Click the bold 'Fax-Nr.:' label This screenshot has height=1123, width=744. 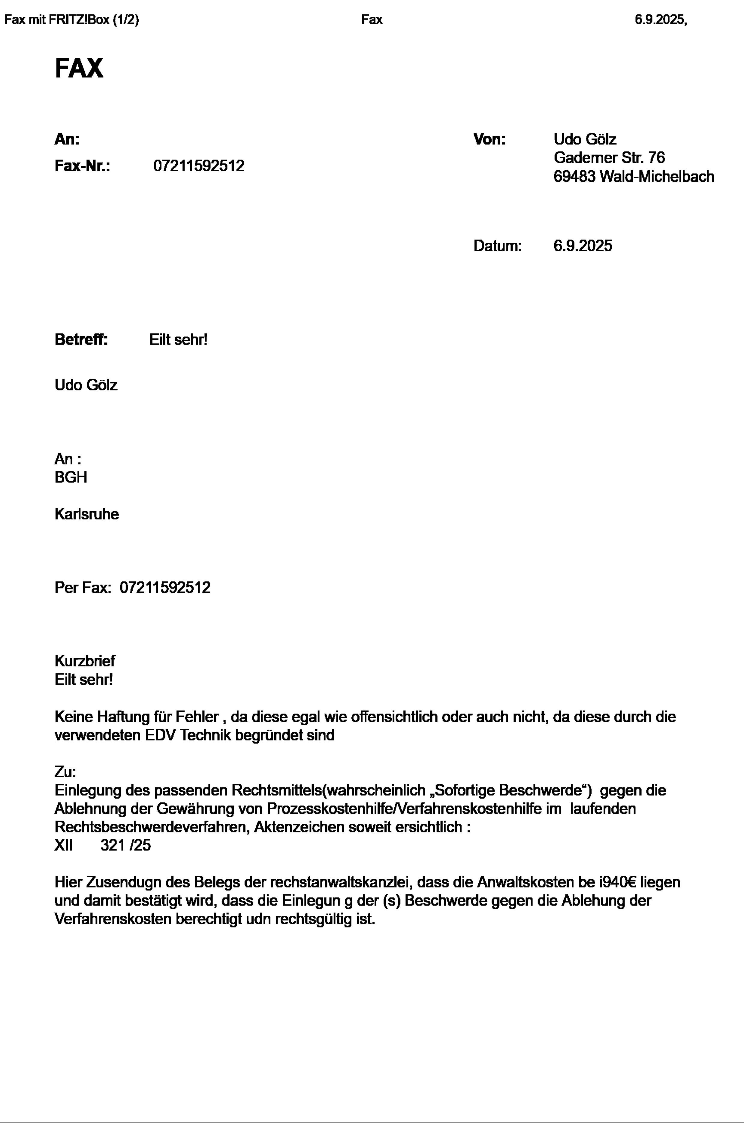[83, 166]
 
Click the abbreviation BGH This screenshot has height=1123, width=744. [71, 477]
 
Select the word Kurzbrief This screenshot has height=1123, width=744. [84, 661]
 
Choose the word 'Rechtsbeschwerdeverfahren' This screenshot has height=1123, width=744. [152, 827]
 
